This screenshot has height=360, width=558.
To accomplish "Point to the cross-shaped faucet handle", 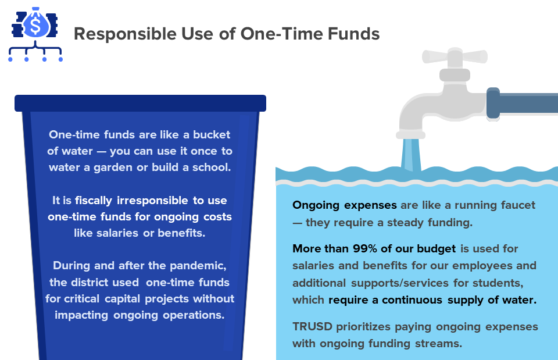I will (455, 56).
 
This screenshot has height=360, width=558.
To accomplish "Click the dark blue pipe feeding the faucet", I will (523, 103).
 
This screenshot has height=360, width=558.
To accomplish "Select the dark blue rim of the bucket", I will (140, 103).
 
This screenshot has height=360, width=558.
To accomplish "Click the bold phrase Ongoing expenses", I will (345, 205).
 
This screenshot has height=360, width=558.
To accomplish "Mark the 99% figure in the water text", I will (367, 249).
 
